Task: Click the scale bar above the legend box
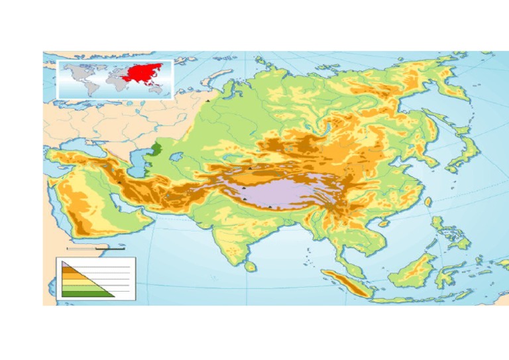click(95, 249)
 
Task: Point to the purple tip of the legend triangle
click(64, 265)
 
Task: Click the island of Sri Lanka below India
click(250, 266)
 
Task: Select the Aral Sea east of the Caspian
click(176, 158)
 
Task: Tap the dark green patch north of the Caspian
click(156, 149)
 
